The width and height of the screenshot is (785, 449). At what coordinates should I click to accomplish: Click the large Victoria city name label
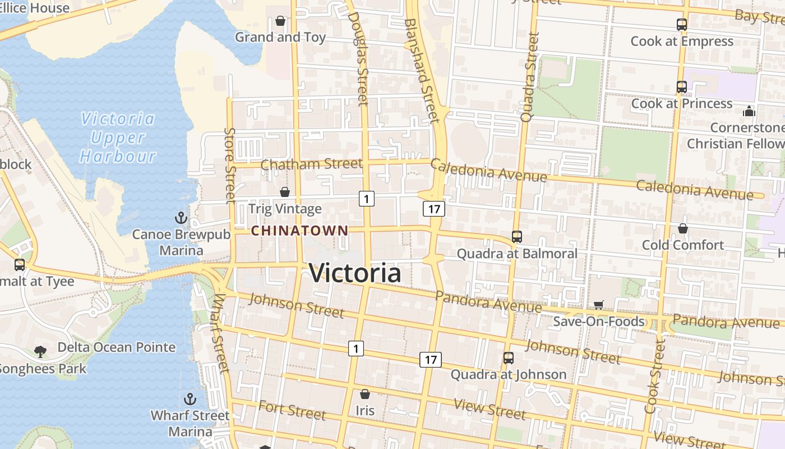[x=355, y=273]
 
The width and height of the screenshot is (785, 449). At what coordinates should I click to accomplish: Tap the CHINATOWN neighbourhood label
[x=299, y=231]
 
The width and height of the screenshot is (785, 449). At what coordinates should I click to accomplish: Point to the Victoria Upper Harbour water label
[x=117, y=138]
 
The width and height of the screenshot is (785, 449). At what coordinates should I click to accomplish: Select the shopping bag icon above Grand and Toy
[x=280, y=21]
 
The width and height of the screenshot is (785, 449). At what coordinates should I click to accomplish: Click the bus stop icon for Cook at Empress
[x=682, y=25]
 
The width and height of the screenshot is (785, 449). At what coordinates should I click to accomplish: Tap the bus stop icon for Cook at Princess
[x=682, y=87]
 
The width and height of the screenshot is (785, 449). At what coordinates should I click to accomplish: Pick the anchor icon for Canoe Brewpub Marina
[x=181, y=218]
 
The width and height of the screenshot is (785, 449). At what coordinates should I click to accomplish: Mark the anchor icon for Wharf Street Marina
[x=191, y=399]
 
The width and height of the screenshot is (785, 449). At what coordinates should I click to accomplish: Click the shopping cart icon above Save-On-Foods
[x=599, y=305]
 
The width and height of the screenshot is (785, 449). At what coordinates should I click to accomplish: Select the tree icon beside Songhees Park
[x=40, y=351]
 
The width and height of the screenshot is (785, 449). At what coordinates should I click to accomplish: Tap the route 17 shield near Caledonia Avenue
[x=434, y=209]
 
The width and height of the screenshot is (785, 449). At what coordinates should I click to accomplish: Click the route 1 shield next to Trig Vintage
[x=366, y=198]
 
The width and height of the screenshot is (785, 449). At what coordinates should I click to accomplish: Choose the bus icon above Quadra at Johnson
[x=509, y=358]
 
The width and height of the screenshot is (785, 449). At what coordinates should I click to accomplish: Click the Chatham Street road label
[x=311, y=164]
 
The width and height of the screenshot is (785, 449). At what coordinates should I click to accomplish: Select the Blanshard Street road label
[x=421, y=70]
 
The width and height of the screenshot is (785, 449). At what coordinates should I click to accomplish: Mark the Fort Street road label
[x=292, y=410]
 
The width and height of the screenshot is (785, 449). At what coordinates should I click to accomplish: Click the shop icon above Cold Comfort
[x=683, y=228]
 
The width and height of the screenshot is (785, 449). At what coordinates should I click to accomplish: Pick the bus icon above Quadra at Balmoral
[x=517, y=237]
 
